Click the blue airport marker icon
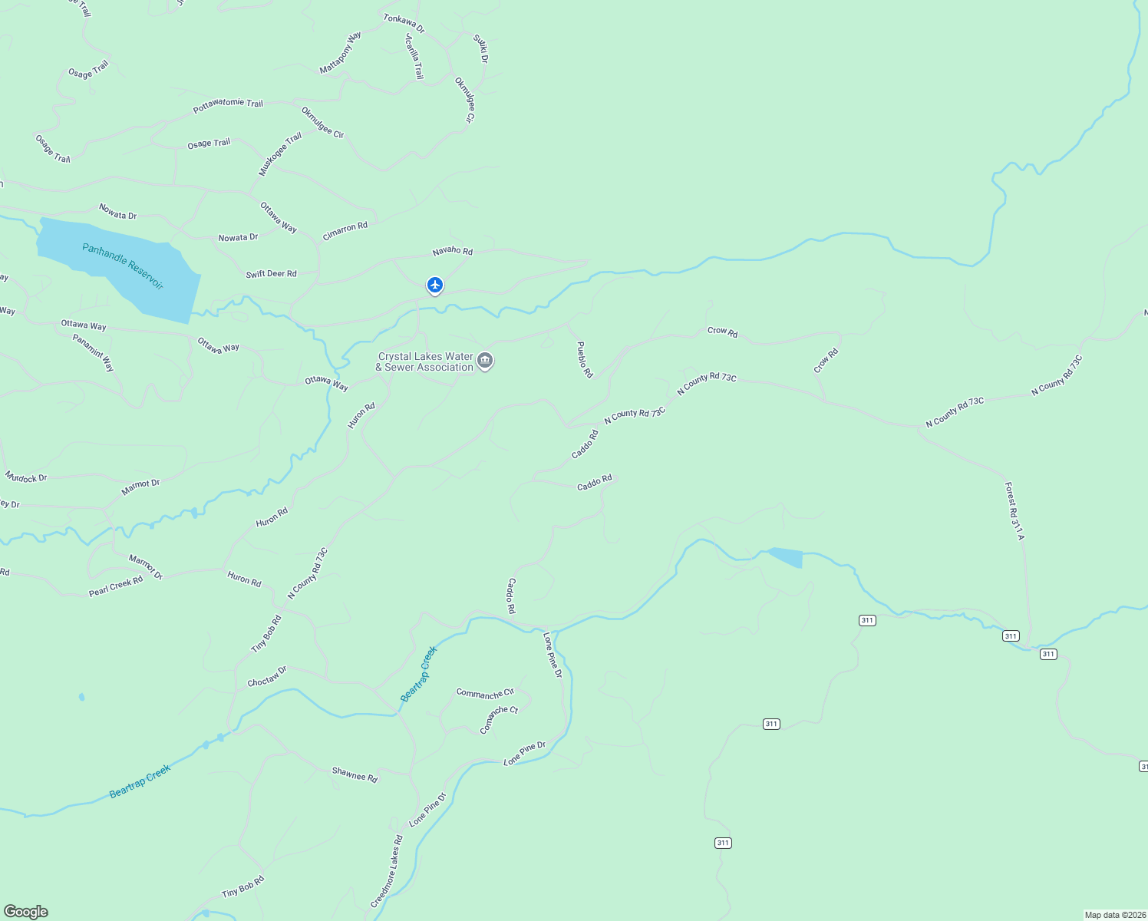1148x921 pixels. coord(435,286)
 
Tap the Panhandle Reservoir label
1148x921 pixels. coord(123,266)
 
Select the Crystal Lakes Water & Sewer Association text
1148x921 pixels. coord(425,362)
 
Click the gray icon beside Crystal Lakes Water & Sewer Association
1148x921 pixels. coord(485,361)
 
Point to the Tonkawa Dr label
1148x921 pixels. coord(404,23)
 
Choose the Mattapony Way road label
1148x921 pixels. coord(341,54)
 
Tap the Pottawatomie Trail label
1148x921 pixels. coord(228,106)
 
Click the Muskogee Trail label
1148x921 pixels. coord(280,154)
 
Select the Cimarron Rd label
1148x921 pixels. coord(345,231)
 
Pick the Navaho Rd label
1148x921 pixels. coord(452,252)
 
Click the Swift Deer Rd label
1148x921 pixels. coord(271,274)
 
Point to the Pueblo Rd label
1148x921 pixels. coord(585,359)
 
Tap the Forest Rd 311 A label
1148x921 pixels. coord(1014,510)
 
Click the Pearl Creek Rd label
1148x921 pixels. coord(116,586)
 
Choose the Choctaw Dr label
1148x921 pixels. coord(267,676)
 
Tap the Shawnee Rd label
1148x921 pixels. coord(355,775)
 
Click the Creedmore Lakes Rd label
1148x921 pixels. coord(386,872)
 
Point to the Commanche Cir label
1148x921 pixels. coord(485,694)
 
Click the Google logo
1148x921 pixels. coord(26,912)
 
